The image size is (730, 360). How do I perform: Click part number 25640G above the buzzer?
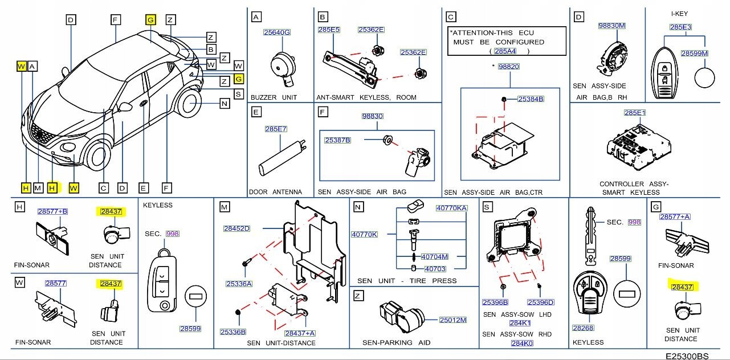276,32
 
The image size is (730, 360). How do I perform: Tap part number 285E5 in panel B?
329,29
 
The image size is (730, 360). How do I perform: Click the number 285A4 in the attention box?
505,51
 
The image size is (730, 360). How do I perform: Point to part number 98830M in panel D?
612,26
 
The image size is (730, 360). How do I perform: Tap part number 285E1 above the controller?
635,113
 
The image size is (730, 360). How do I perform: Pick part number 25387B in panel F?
337,140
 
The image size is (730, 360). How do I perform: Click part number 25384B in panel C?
531,99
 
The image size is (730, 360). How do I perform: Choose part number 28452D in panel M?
236,228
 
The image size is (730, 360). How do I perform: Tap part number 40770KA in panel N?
451,208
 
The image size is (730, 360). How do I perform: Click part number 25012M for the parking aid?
453,320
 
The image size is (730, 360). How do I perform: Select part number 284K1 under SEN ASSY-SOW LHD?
520,324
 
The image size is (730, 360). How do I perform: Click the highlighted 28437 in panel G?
682,287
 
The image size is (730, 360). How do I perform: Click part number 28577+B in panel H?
52,211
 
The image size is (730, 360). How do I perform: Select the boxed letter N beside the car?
224,104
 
